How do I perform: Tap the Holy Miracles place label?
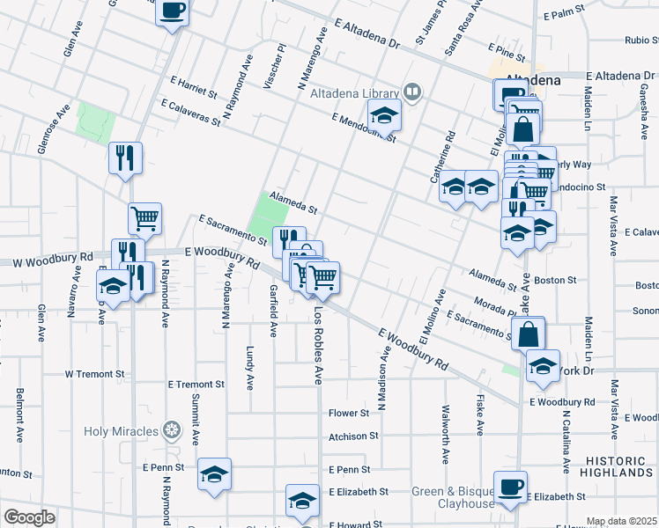coord(121,431)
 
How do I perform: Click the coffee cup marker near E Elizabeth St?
coord(510,487)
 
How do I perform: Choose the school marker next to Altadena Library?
coord(384,114)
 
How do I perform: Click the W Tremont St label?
coord(94,374)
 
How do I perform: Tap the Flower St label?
coord(348,413)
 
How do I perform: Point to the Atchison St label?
coord(352,436)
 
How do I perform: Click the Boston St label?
coord(555,281)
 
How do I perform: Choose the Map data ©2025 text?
coord(622,521)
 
